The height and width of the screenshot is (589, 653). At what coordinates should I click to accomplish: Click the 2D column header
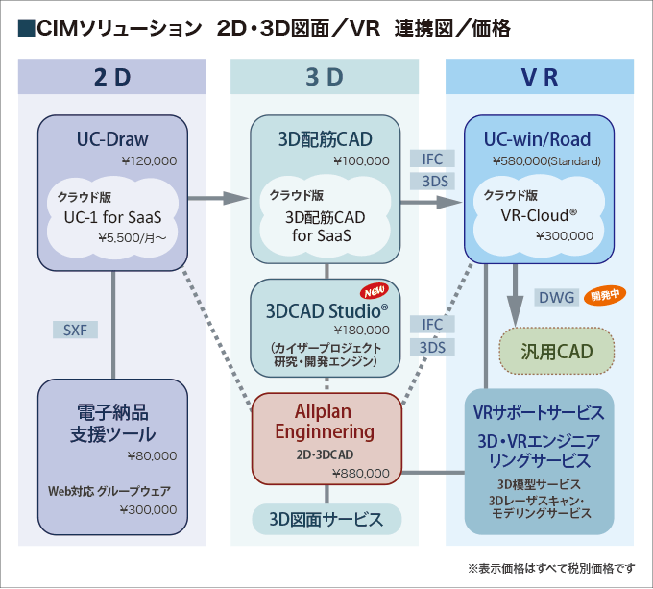point(112,78)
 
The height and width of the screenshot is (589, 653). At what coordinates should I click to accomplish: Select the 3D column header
point(325,78)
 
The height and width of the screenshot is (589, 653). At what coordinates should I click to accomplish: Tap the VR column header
point(539,78)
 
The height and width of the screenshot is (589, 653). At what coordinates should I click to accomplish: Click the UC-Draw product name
point(112,139)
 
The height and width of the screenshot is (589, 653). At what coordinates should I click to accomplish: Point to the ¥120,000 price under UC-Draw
point(147,160)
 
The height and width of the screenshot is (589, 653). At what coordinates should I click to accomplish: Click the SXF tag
point(75,330)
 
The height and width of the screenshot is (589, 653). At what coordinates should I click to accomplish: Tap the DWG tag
point(556,298)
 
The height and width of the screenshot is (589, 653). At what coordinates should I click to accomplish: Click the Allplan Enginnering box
point(326,438)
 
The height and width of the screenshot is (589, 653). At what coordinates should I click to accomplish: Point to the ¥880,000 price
point(360,473)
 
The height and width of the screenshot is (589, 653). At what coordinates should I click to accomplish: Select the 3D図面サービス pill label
point(326,520)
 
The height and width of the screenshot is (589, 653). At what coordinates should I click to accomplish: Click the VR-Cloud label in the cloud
point(539,214)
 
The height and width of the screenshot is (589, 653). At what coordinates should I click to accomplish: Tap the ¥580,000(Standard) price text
point(545,160)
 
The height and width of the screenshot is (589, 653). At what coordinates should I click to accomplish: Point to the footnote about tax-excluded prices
point(551,568)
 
